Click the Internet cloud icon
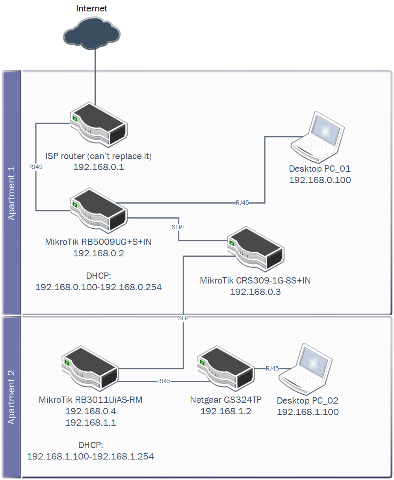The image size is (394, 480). pyautogui.click(x=91, y=33)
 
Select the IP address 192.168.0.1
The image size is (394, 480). pyautogui.click(x=98, y=167)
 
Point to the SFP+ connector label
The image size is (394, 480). pyautogui.click(x=178, y=227)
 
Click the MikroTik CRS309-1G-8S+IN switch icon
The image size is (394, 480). pyautogui.click(x=255, y=249)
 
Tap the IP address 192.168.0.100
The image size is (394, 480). pyautogui.click(x=320, y=180)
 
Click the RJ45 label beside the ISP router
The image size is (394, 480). pyautogui.click(x=36, y=167)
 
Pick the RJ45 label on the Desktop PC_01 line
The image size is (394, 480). pyautogui.click(x=242, y=203)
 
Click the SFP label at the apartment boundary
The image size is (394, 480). pyautogui.click(x=183, y=318)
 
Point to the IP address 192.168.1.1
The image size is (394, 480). pyautogui.click(x=91, y=423)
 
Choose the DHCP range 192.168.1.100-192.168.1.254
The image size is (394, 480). pyautogui.click(x=91, y=456)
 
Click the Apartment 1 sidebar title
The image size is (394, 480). pyautogui.click(x=11, y=193)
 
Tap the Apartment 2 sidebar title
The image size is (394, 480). pyautogui.click(x=11, y=397)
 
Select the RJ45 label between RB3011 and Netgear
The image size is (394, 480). pyautogui.click(x=164, y=381)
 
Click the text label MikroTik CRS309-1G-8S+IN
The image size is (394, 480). pyautogui.click(x=255, y=281)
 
